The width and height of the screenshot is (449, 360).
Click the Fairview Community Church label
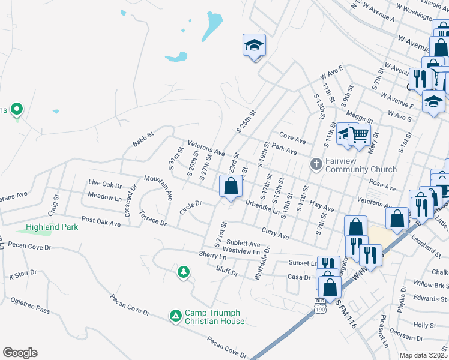[x=361, y=165]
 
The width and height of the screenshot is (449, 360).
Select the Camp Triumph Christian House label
[x=214, y=317]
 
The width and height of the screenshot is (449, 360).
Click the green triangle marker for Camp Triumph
[x=175, y=315]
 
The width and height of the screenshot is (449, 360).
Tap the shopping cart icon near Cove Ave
[x=358, y=135]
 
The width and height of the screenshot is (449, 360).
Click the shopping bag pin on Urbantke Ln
[x=231, y=187]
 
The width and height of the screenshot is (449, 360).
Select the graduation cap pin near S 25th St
[x=254, y=45]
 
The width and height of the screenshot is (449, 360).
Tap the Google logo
[x=20, y=353]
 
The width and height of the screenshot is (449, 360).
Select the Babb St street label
[x=143, y=141]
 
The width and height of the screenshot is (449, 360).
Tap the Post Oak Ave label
[x=101, y=221]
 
